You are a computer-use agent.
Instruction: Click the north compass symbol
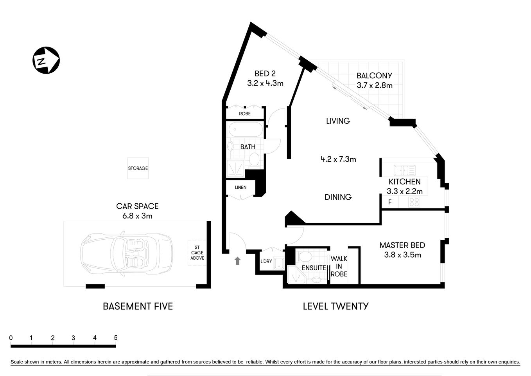click(x=46, y=60)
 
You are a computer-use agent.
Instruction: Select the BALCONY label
click(x=374, y=76)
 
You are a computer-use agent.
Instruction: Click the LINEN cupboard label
click(x=240, y=187)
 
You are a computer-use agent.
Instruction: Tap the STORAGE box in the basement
click(x=138, y=168)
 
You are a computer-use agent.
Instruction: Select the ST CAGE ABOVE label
click(x=197, y=253)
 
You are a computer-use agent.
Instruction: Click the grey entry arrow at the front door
click(x=237, y=260)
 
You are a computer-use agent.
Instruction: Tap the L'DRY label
click(x=266, y=261)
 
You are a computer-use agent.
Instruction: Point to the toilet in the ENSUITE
click(x=305, y=257)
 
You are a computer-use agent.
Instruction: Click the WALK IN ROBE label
click(x=339, y=266)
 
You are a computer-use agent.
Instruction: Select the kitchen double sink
click(x=405, y=170)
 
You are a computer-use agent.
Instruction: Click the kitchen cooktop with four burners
click(x=414, y=202)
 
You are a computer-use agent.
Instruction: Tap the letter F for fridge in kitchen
click(x=389, y=202)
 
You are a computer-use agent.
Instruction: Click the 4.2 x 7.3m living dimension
click(x=338, y=159)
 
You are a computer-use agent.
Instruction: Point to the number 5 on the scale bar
click(x=115, y=338)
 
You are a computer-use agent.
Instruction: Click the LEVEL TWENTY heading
click(x=335, y=306)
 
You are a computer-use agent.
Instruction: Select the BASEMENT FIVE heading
click(x=138, y=306)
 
